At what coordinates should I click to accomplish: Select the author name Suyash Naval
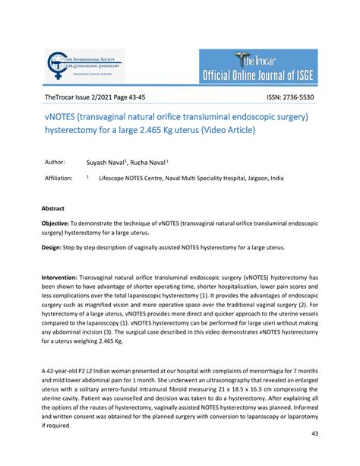(106, 162)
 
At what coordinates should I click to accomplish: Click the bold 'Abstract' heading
(53, 208)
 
